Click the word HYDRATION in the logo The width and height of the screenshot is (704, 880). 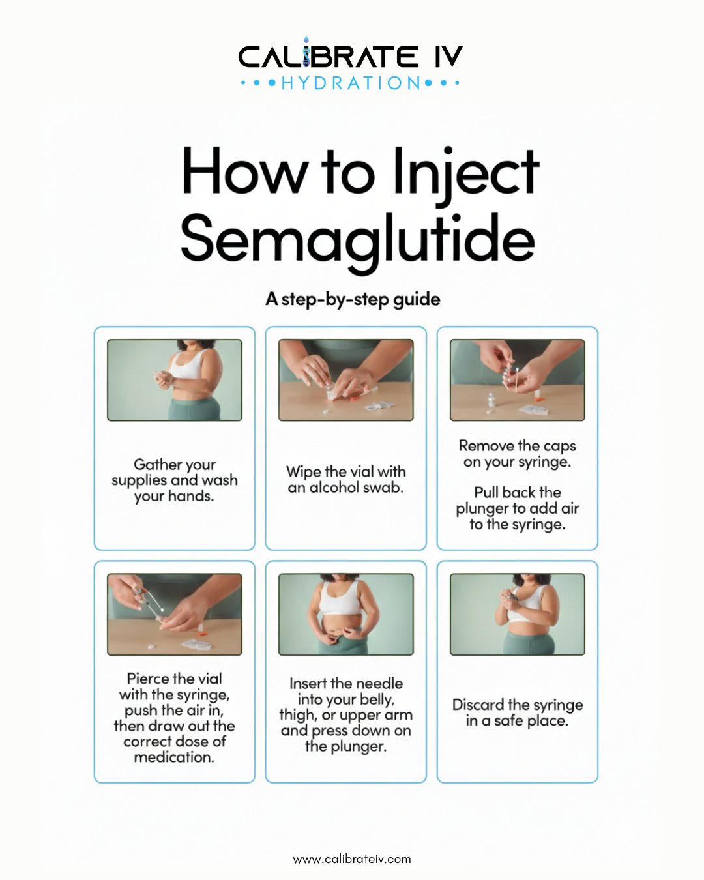(x=351, y=83)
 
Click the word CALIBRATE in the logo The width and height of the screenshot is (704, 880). (x=328, y=57)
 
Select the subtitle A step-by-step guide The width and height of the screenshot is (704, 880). (x=353, y=299)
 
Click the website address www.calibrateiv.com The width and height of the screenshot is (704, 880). (x=352, y=859)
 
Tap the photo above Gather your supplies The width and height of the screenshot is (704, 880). (x=175, y=380)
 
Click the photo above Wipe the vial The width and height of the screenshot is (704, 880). (x=346, y=380)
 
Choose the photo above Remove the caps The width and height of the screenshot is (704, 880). (x=518, y=380)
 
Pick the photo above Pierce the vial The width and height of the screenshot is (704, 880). (x=175, y=614)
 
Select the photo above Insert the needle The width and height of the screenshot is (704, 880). (x=346, y=614)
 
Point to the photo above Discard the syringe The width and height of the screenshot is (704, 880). (x=518, y=614)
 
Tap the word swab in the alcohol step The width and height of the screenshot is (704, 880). (x=383, y=488)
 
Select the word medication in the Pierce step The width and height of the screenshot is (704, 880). (x=174, y=757)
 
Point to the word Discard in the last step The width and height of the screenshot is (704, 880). (x=478, y=705)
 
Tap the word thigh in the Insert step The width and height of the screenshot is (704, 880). (x=297, y=716)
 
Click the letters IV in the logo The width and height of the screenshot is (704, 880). (x=448, y=57)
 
